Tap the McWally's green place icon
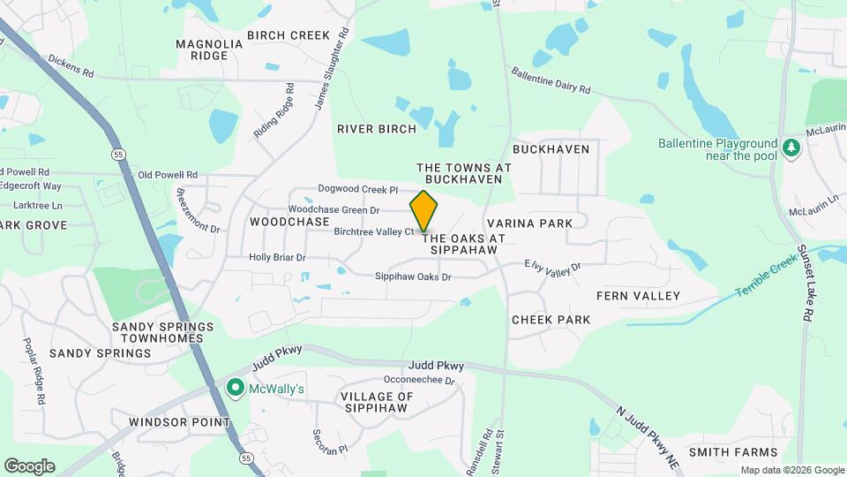[236, 388]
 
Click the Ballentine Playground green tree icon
[791, 148]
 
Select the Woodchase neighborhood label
[289, 222]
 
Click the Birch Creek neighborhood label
[289, 35]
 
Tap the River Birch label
[377, 129]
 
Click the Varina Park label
[529, 223]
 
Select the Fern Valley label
[638, 295]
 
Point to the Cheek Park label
[551, 319]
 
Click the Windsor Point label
[179, 422]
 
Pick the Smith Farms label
[727, 452]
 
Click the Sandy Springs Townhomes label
[162, 332]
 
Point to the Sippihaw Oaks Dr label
[413, 276]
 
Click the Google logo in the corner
[29, 466]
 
